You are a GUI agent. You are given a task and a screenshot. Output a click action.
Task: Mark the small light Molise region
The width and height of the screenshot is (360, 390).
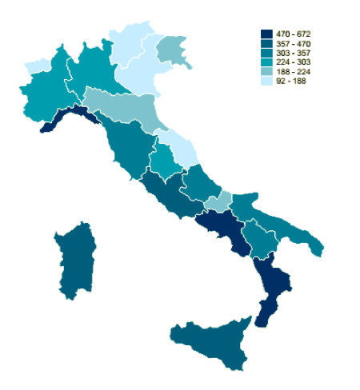click(217, 201)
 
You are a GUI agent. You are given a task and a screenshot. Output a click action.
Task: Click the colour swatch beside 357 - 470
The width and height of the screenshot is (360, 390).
click(266, 42)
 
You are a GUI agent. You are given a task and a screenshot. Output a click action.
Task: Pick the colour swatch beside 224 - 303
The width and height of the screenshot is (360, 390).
click(266, 62)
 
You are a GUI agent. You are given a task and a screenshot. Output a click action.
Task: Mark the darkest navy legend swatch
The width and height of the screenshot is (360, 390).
click(266, 33)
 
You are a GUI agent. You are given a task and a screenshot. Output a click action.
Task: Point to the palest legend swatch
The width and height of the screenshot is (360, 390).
click(266, 81)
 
